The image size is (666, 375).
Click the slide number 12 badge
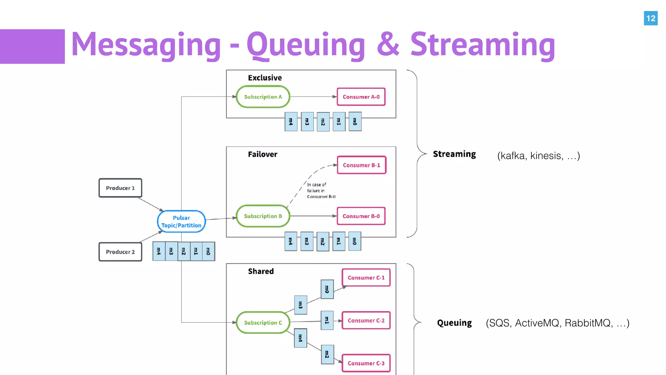pos(650,18)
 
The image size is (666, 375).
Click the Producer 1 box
pos(120,188)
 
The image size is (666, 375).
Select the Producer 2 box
pos(120,252)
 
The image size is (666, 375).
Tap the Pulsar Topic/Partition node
pos(181,221)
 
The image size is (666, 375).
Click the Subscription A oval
pos(263,97)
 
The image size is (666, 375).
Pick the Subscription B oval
pos(263,216)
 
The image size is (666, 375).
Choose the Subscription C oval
pos(263,323)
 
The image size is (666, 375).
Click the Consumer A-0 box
pos(361,97)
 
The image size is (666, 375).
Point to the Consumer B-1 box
pos(361,165)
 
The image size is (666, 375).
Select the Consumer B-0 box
pos(361,216)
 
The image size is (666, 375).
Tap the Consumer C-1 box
pos(366,278)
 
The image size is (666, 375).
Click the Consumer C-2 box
pos(366,321)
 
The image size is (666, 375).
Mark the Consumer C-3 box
pos(366,363)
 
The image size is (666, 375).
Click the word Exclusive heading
pos(265,78)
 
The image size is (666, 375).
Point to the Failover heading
pos(262,154)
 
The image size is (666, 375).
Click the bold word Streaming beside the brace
pos(454,154)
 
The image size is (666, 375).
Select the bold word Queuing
pos(454,323)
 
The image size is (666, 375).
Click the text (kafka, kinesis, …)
pos(539,156)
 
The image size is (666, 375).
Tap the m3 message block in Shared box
pos(300,305)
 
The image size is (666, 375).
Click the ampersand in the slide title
pos(388,44)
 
